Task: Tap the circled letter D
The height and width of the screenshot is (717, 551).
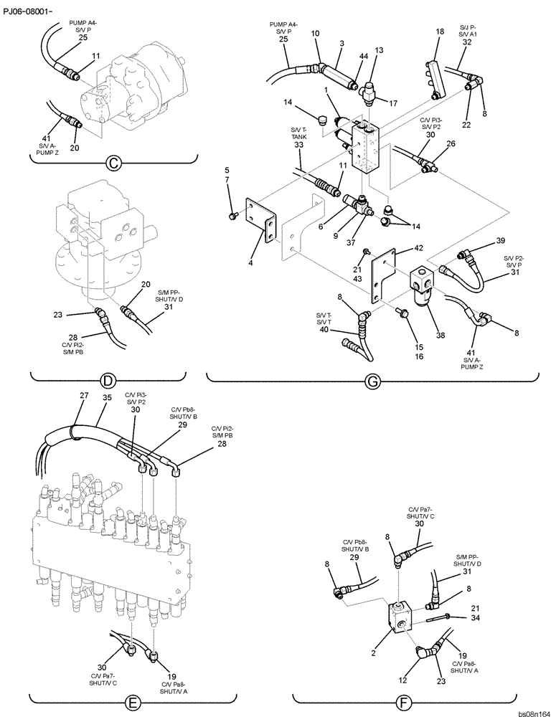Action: tap(109, 381)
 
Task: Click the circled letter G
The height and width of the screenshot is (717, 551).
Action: tap(372, 381)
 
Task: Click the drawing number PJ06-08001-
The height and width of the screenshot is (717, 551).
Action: tap(32, 11)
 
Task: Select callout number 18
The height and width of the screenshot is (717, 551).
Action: tap(440, 32)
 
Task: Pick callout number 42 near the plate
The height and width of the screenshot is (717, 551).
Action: tap(399, 249)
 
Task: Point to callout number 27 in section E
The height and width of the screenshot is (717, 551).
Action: tap(83, 395)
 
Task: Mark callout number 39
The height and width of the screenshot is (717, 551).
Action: tap(501, 240)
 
